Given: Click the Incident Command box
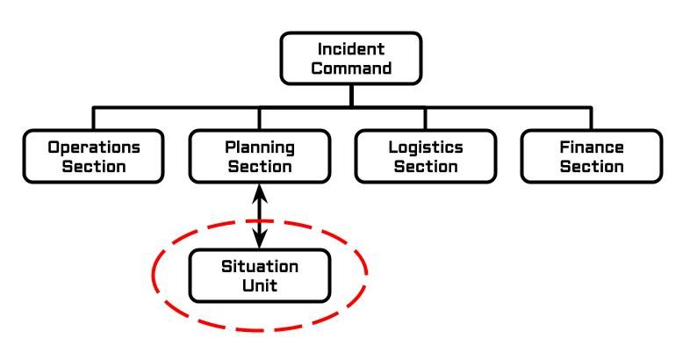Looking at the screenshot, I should point(351,58).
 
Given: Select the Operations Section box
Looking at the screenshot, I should point(94,156).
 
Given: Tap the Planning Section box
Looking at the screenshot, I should point(259,156).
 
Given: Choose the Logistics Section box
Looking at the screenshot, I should point(425,156).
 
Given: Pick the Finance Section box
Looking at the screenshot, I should point(591,156).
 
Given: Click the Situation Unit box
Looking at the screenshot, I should point(259,276).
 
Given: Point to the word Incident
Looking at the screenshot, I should point(351,49).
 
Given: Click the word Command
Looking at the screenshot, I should point(351,68).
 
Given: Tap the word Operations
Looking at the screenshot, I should point(94,147).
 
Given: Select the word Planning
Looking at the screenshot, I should point(259,147).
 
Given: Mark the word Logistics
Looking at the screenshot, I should point(425,147).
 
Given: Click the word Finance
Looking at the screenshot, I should point(591,147).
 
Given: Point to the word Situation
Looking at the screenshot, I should point(259,266).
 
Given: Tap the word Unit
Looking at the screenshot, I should point(259,285).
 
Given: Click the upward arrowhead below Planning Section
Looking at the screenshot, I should point(259,192).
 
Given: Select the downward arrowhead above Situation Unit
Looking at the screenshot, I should point(259,239).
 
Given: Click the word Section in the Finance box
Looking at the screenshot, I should point(591,166).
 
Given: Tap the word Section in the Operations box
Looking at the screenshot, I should point(94,166).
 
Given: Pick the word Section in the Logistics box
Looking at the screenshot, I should point(425,166).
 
